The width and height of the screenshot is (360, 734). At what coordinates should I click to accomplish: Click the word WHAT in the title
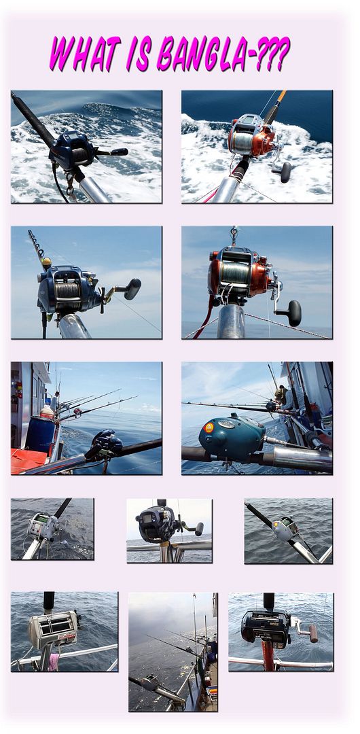[85, 54]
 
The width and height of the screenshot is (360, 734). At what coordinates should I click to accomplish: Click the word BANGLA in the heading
[202, 54]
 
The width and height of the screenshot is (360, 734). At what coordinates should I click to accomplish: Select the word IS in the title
[139, 54]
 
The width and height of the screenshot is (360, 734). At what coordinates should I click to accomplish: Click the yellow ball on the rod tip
[46, 264]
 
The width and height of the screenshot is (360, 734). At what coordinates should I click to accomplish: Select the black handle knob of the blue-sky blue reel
[132, 289]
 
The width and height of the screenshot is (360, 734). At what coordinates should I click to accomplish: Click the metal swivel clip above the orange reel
[233, 235]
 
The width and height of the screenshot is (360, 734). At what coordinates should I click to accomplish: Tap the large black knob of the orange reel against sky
[295, 313]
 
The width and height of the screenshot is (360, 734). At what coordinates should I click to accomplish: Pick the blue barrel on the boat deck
[39, 435]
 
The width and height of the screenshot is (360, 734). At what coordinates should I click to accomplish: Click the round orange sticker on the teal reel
[209, 428]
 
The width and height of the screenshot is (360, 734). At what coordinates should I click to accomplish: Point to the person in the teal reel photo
[281, 394]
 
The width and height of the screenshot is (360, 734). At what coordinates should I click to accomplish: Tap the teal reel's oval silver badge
[227, 423]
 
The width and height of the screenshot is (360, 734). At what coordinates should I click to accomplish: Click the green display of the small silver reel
[43, 519]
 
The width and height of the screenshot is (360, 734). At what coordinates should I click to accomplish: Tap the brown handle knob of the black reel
[313, 634]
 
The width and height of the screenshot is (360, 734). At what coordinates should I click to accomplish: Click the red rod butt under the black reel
[268, 657]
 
